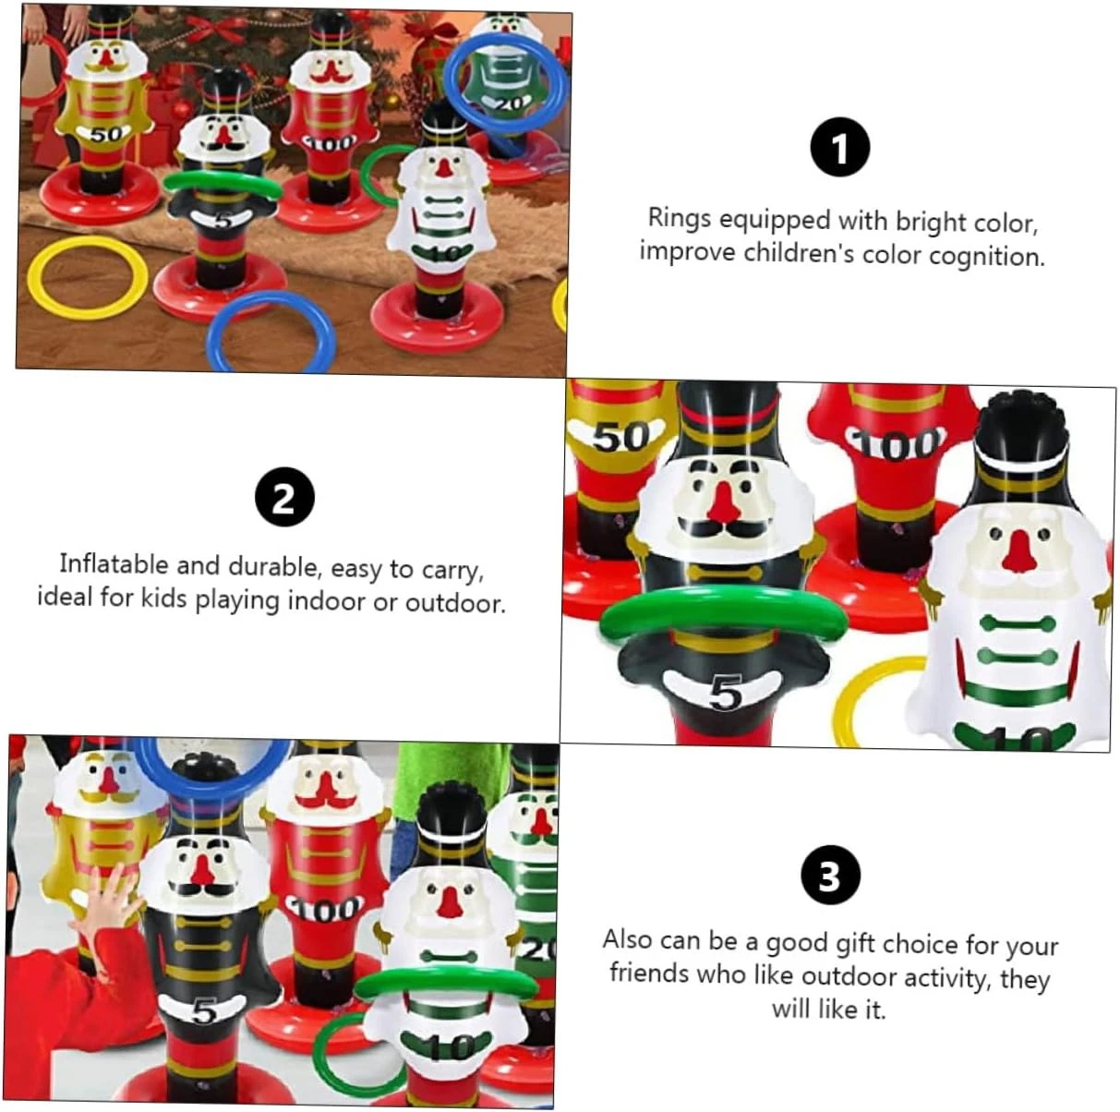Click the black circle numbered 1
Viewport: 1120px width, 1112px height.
coord(840,147)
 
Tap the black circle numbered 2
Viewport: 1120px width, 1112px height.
coord(284,497)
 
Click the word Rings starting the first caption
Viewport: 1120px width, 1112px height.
coord(680,218)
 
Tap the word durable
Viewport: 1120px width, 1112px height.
coord(275,566)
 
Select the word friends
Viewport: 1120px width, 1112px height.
coord(647,973)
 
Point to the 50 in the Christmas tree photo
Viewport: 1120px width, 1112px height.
coord(107,135)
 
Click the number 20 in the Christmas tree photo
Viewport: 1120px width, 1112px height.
coord(511,103)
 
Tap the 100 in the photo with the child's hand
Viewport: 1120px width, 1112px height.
coord(325,910)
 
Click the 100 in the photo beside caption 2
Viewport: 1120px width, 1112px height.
coord(895,445)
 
